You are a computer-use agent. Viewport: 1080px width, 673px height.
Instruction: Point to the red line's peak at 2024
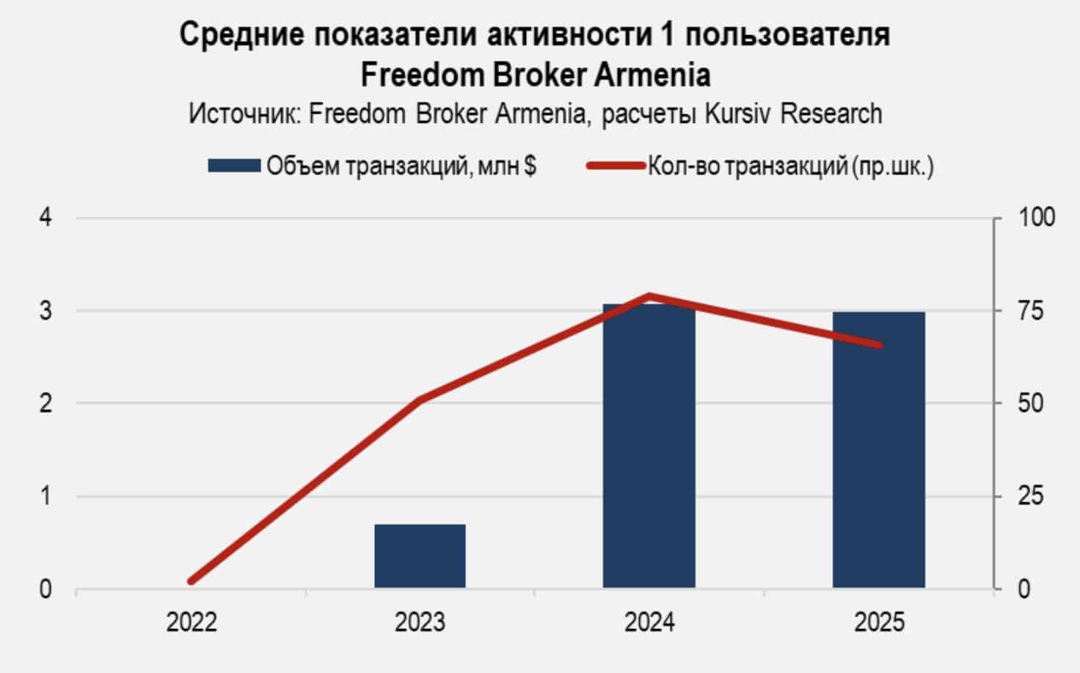(x=649, y=296)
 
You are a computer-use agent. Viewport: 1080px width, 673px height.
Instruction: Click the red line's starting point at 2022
(x=191, y=581)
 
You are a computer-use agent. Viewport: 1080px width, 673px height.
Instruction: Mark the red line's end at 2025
(x=878, y=345)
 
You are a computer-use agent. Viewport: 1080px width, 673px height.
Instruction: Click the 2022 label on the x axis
(x=191, y=623)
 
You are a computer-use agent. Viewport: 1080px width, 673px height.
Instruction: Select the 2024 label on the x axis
(x=649, y=623)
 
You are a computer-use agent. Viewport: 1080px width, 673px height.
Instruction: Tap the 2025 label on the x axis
(x=879, y=623)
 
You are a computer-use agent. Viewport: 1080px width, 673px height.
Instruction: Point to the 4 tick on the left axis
(x=45, y=218)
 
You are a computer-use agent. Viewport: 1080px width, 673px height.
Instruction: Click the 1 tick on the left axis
(x=45, y=496)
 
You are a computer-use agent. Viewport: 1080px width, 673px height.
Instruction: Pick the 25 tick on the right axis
(x=1030, y=496)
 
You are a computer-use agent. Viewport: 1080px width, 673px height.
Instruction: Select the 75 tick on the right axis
(x=1030, y=311)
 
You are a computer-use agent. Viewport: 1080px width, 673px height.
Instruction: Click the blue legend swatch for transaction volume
(x=233, y=166)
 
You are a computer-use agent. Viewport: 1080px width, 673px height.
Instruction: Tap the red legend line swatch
(x=615, y=166)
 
